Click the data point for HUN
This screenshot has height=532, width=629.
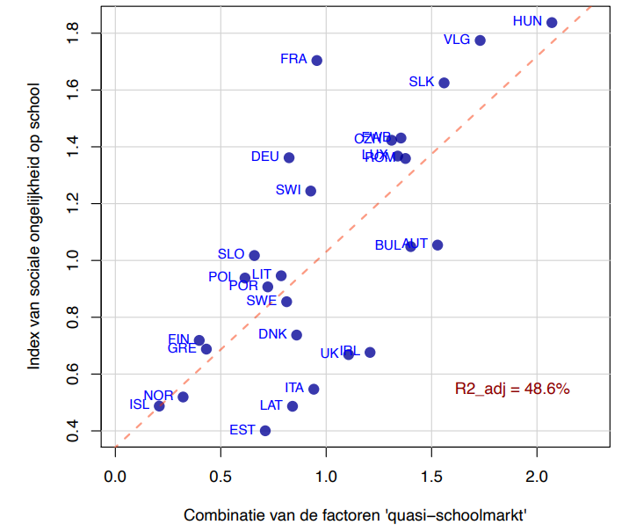point(552,23)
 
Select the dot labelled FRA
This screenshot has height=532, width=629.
point(317,61)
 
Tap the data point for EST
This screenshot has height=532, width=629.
point(265,431)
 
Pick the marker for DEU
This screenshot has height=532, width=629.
point(289,157)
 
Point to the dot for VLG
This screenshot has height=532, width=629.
point(480,40)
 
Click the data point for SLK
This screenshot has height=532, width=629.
point(444,83)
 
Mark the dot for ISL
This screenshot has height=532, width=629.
point(159,406)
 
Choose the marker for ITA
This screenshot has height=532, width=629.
point(314,389)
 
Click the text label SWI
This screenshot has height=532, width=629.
point(289,190)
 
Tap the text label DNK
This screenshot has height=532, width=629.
point(272,334)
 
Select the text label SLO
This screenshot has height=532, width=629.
point(231,254)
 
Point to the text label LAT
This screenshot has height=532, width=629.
point(271,405)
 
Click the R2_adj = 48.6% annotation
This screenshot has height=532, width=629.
point(512,388)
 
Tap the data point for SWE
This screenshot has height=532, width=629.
point(286,302)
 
